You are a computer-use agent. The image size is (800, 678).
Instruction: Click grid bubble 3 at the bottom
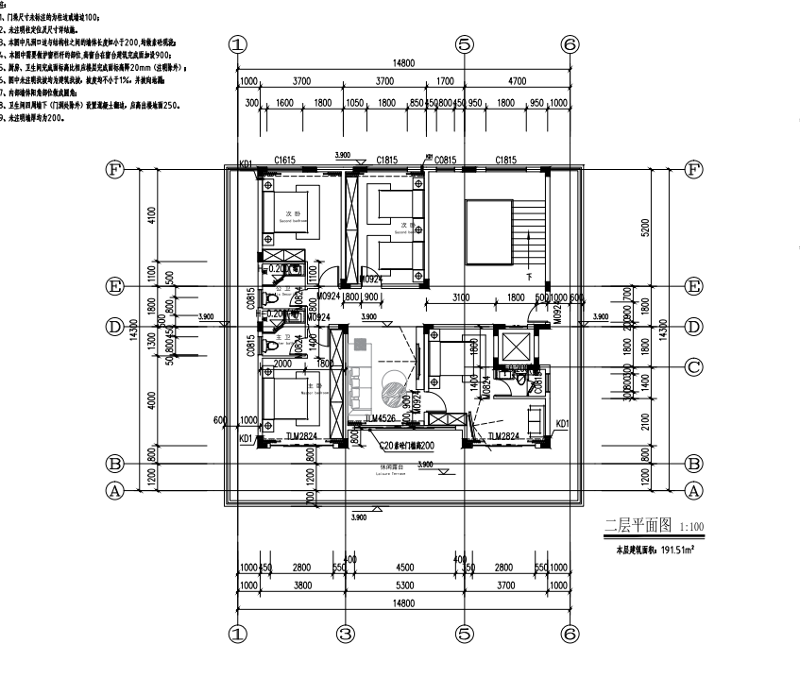(346, 635)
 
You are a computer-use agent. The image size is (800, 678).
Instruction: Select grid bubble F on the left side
(115, 170)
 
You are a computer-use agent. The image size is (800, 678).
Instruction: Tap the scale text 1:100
(678, 527)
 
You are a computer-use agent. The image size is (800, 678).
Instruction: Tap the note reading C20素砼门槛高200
(406, 445)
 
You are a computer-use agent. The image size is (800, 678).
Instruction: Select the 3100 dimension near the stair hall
(460, 297)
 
